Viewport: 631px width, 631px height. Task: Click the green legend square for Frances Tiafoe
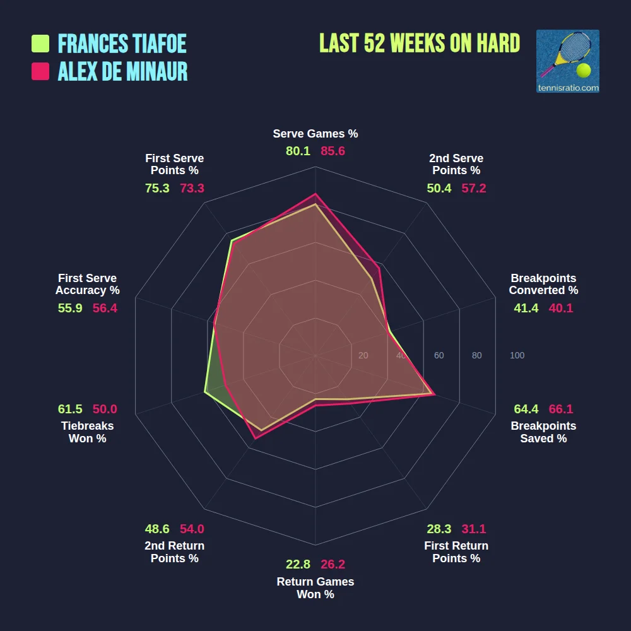[x=40, y=44]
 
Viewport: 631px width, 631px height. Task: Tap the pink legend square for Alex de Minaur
[x=40, y=71]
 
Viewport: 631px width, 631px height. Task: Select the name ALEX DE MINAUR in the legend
[x=123, y=71]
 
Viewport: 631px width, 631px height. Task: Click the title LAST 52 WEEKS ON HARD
[x=420, y=43]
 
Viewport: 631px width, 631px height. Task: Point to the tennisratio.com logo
[x=567, y=61]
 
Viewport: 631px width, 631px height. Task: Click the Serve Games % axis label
[x=315, y=134]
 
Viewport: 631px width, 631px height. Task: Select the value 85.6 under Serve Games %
[x=333, y=151]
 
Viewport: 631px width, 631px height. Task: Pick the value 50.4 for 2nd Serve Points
[x=439, y=188]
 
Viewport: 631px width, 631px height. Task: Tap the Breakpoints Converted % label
[x=543, y=284]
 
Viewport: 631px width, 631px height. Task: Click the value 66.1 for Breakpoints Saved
[x=561, y=409]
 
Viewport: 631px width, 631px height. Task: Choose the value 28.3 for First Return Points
[x=439, y=529]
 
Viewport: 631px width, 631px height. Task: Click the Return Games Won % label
[x=315, y=588]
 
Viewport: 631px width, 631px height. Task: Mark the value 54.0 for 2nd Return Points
[x=192, y=529]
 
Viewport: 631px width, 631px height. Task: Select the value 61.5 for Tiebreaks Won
[x=70, y=409]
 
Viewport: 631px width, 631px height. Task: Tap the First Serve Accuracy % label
[x=88, y=284]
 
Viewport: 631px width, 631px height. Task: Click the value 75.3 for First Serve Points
[x=157, y=188]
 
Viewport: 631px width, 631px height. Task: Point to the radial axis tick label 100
[x=517, y=356]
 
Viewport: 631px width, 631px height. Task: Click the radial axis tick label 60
[x=439, y=356]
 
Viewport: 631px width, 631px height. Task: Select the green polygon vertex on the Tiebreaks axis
[x=205, y=392]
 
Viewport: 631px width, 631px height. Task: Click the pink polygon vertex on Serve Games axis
[x=315, y=194]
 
